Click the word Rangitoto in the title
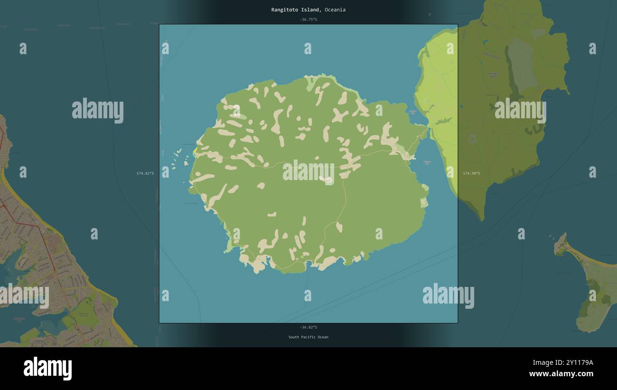point(285,10)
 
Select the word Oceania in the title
point(335,10)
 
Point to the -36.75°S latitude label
point(308,19)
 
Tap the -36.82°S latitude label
point(308,327)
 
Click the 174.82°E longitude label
point(145,173)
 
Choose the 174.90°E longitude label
point(471,173)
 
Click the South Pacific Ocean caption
point(308,337)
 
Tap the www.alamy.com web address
point(561,374)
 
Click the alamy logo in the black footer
point(47,369)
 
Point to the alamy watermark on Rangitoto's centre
point(308,172)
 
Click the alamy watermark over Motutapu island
point(520,111)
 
